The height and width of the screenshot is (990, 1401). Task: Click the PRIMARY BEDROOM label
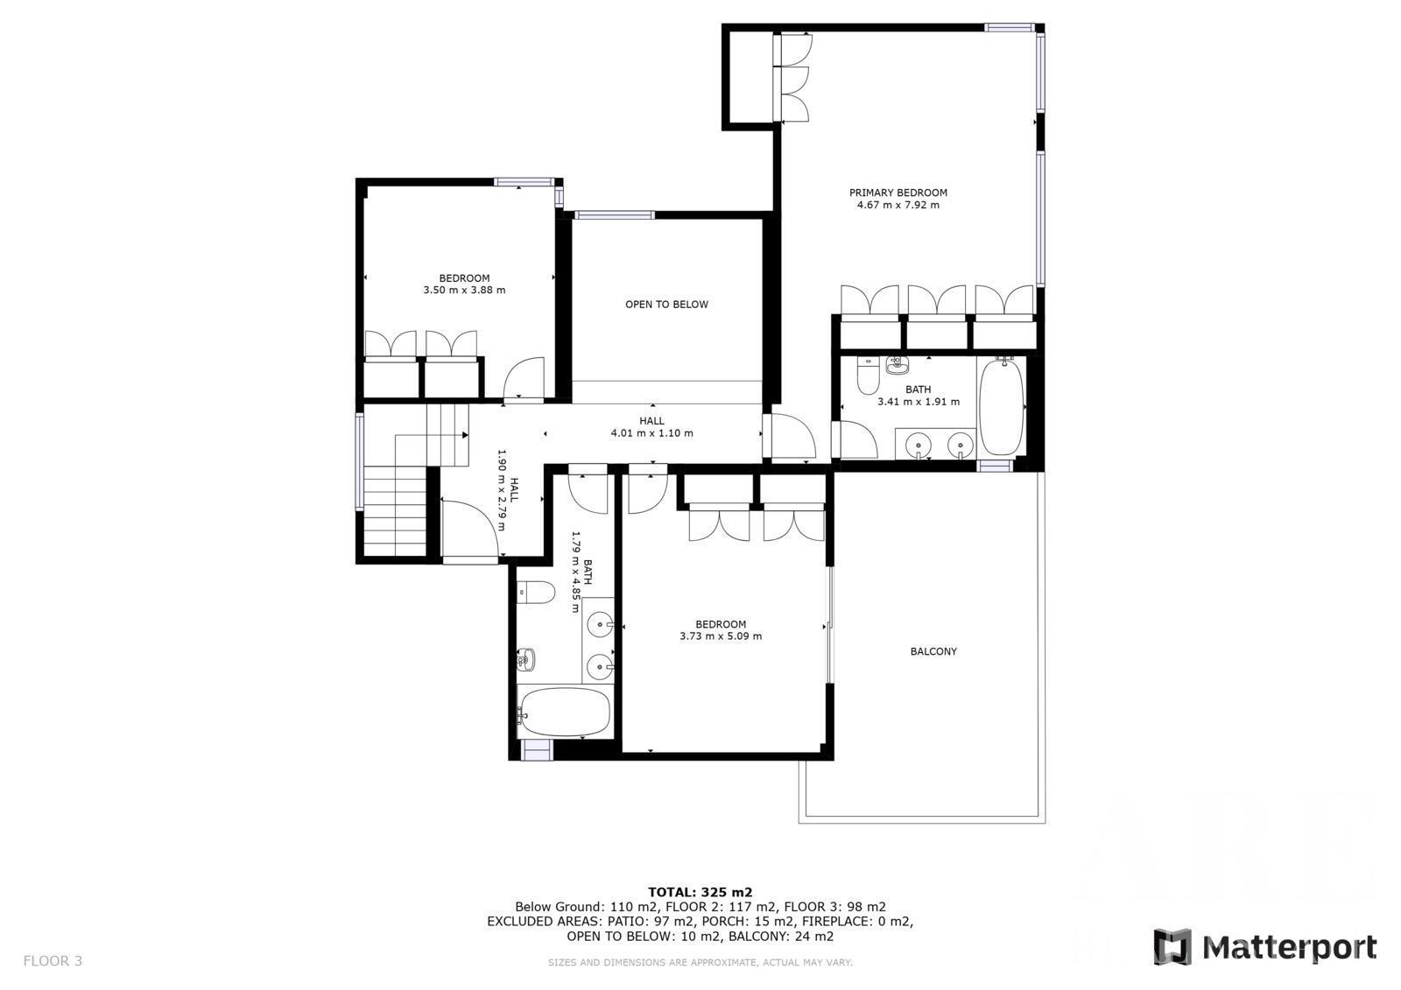tap(898, 193)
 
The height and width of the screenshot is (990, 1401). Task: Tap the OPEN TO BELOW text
tap(666, 305)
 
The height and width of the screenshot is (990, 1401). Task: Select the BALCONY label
tap(933, 651)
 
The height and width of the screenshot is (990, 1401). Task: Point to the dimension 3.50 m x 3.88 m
tap(464, 291)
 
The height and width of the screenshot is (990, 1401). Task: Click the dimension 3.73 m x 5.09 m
tap(721, 636)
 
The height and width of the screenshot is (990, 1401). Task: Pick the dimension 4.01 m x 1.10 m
tap(651, 432)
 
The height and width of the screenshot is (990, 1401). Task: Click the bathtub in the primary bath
tap(1001, 407)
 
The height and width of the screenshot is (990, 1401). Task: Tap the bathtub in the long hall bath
tap(564, 712)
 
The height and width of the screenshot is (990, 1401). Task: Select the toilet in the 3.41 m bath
tap(868, 375)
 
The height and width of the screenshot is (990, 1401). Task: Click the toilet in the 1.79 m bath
tap(536, 593)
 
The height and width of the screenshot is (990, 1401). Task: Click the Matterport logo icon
tap(1172, 947)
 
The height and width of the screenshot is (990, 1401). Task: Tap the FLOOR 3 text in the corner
tap(53, 960)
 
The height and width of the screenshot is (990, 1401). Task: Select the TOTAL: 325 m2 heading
tap(700, 893)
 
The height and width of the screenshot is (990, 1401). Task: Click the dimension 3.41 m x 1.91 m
tap(919, 402)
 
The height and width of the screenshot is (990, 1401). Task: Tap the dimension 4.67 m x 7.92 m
tap(898, 205)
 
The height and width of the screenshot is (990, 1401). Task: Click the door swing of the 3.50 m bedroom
tap(524, 378)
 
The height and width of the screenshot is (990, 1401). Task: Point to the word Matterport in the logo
tap(1290, 948)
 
